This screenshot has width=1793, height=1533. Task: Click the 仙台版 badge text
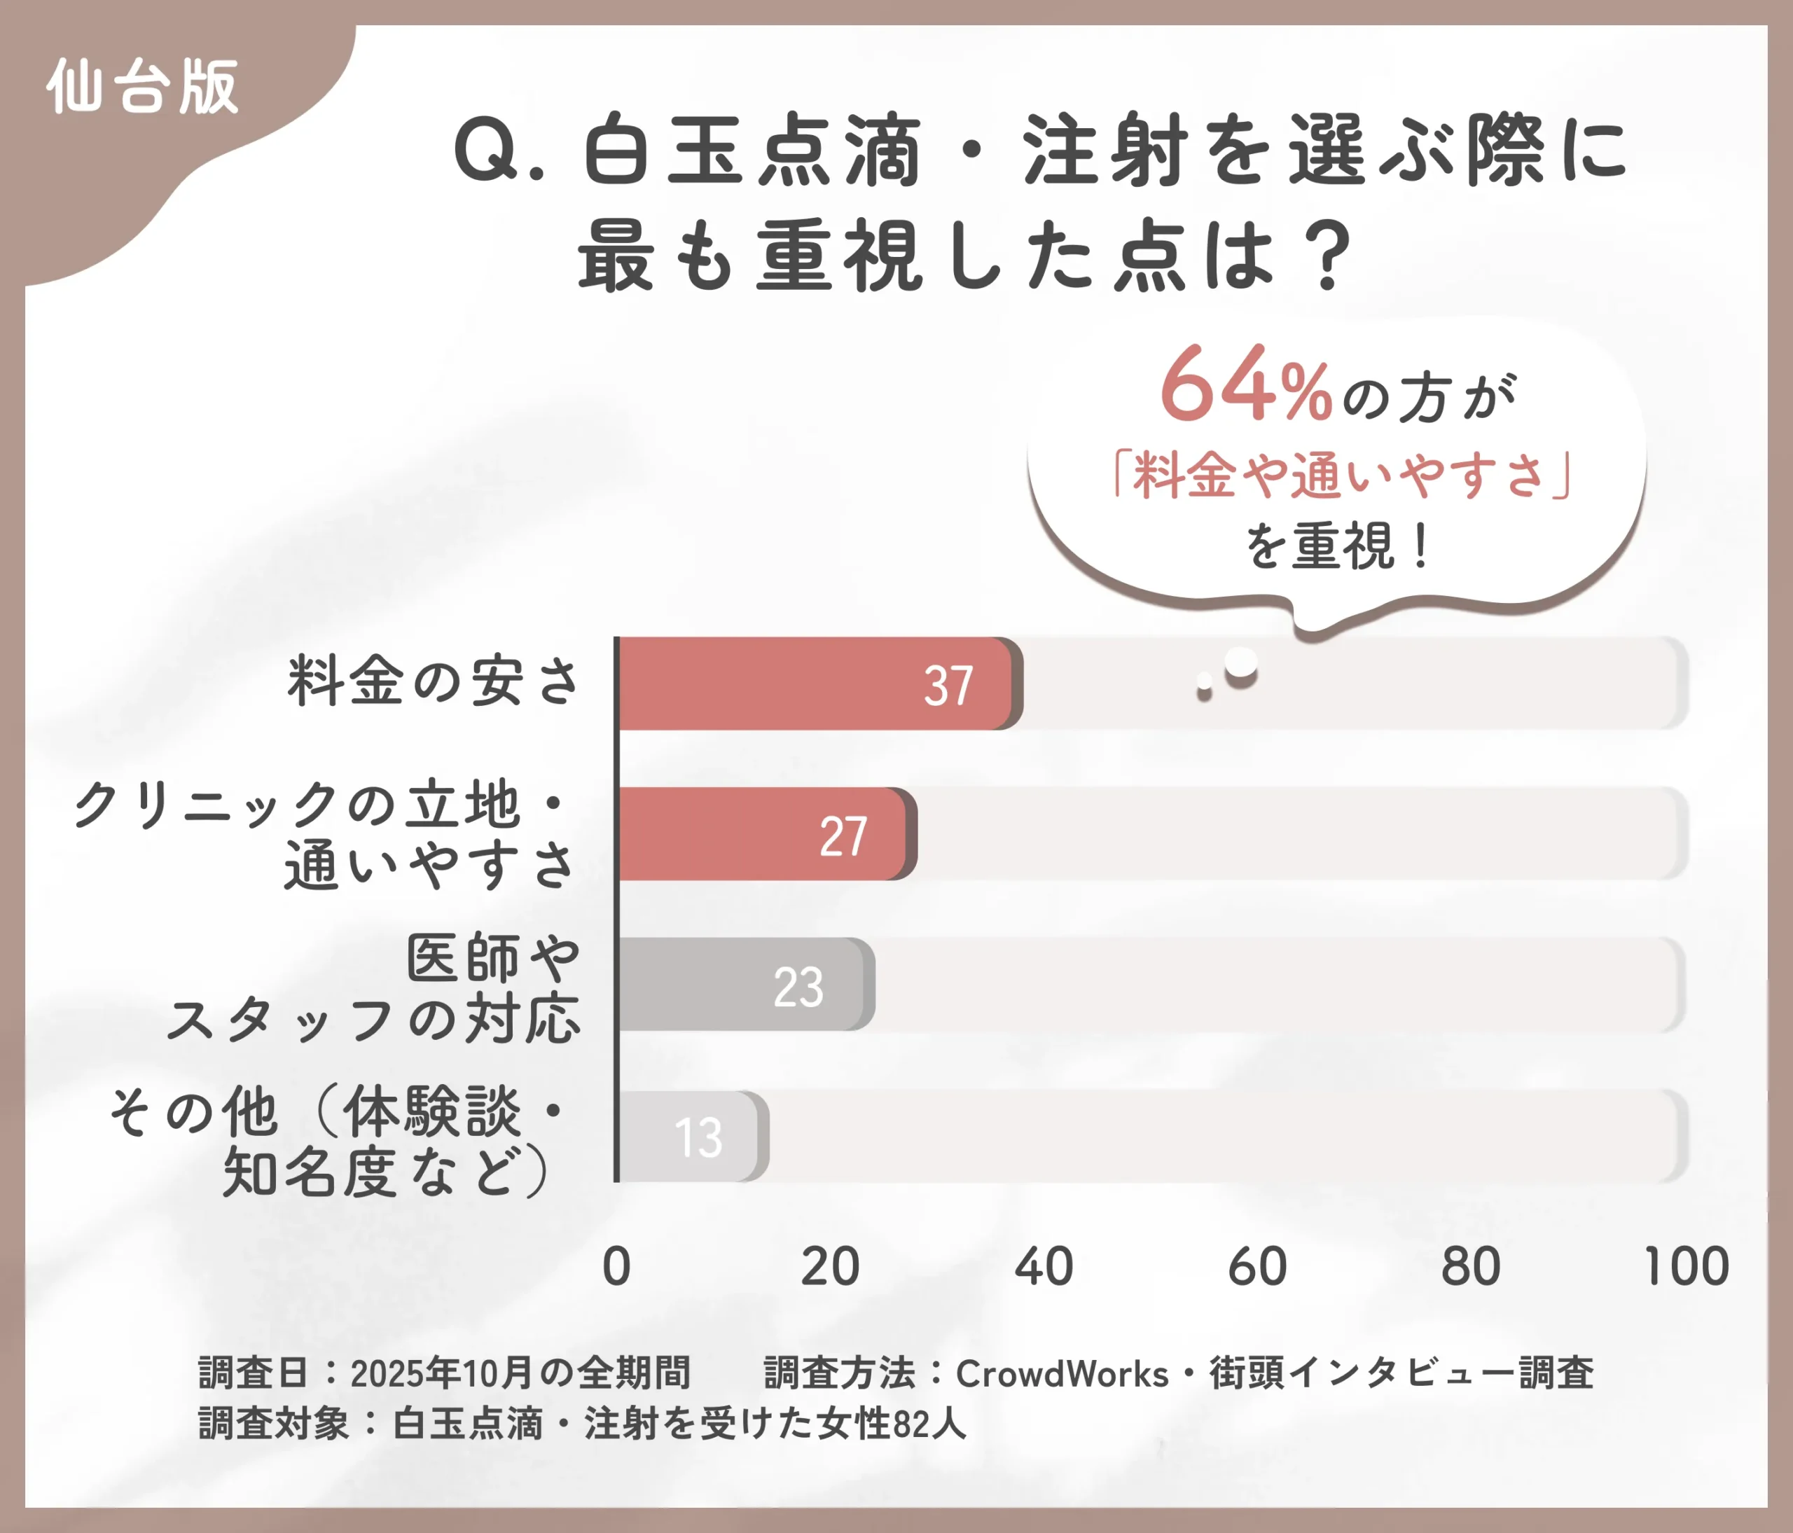pyautogui.click(x=143, y=88)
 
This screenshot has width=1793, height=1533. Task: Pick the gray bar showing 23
pyautogui.click(x=745, y=985)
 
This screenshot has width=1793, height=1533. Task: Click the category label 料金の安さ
pyautogui.click(x=433, y=681)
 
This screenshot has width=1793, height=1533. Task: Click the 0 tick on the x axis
pyautogui.click(x=616, y=1267)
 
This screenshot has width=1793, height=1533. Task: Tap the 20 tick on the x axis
pyautogui.click(x=830, y=1267)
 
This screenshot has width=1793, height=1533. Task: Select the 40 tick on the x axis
pyautogui.click(x=1044, y=1267)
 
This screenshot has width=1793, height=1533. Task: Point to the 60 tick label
pyautogui.click(x=1257, y=1267)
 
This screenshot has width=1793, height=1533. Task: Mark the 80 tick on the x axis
pyautogui.click(x=1471, y=1267)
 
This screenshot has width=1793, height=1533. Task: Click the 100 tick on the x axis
pyautogui.click(x=1686, y=1267)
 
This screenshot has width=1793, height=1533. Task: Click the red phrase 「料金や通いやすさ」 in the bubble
pyautogui.click(x=1341, y=475)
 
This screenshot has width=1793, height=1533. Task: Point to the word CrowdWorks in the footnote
pyautogui.click(x=1062, y=1374)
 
